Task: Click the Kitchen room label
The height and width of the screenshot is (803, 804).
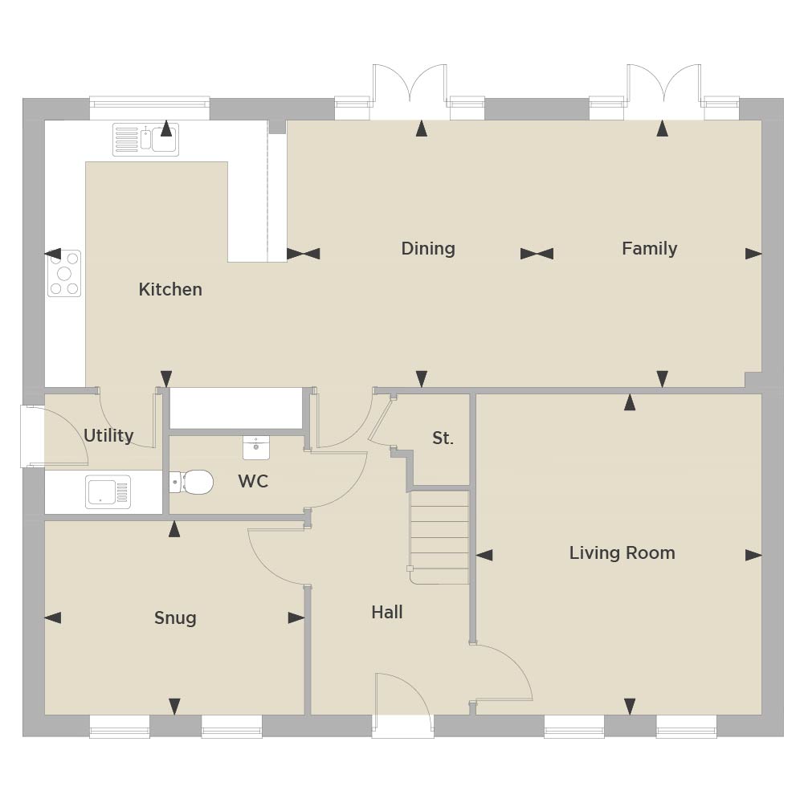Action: [170, 289]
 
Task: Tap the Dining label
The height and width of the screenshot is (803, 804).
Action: [428, 249]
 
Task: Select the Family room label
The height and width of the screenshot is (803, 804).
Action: [650, 249]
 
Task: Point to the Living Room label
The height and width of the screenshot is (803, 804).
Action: [622, 552]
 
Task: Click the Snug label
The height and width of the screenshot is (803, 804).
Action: [175, 618]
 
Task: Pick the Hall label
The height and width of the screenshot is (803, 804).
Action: [387, 612]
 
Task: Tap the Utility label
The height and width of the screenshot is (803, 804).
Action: [108, 435]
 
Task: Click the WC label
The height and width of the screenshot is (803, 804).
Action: [253, 481]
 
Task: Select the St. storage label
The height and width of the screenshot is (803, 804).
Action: [443, 438]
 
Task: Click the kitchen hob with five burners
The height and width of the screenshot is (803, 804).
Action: [64, 273]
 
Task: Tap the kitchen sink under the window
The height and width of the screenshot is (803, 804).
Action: [145, 139]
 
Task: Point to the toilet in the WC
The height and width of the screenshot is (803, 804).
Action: [191, 482]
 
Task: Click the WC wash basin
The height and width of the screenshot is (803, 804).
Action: [256, 447]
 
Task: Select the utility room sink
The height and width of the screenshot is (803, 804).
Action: [108, 492]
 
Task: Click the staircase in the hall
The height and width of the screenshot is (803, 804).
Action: [439, 537]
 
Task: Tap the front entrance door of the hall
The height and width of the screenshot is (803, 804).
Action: [402, 705]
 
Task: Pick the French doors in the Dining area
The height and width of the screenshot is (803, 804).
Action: [409, 92]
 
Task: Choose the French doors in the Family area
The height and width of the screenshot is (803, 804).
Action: [664, 92]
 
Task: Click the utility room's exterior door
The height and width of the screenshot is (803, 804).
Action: [54, 436]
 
